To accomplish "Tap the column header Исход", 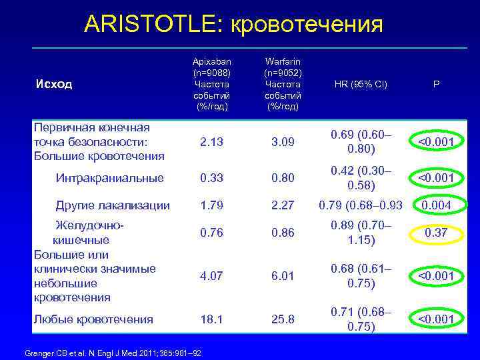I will pos(54,85).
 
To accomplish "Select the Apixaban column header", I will pos(211,84).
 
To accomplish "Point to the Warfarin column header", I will pos(282,84).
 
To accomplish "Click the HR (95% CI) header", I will pos(361,85).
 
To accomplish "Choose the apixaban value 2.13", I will pos(211,141).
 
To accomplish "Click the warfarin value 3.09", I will pos(282,141).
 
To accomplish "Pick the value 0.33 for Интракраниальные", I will pos(211,178).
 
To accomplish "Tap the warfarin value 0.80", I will pos(282,178).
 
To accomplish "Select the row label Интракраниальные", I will pos(109,178).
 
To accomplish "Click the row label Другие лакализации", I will pos(113,205).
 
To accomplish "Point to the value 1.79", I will pos(211,205).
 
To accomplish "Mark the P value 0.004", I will pos(436,205).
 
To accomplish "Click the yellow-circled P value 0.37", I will pos(436,233).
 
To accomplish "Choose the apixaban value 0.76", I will pos(211,233).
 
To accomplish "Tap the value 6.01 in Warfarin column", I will pos(282,275).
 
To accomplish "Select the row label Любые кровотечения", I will pos(93,319).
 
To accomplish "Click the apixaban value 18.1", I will pos(211,319).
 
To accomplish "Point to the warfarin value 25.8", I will pos(282,319).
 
